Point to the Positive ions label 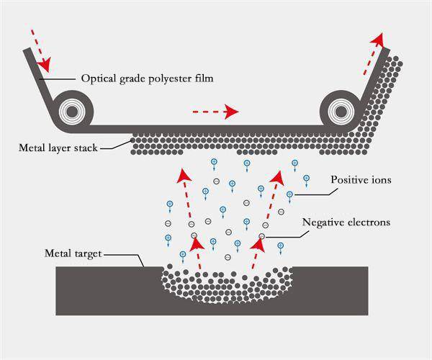click(x=361, y=179)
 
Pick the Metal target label click(x=73, y=253)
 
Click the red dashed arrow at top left click(x=40, y=50)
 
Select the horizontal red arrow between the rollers click(x=215, y=112)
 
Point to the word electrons click(x=369, y=222)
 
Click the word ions click(x=380, y=179)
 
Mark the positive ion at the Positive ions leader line click(x=290, y=194)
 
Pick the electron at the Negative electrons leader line click(x=262, y=236)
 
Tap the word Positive click(x=348, y=179)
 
